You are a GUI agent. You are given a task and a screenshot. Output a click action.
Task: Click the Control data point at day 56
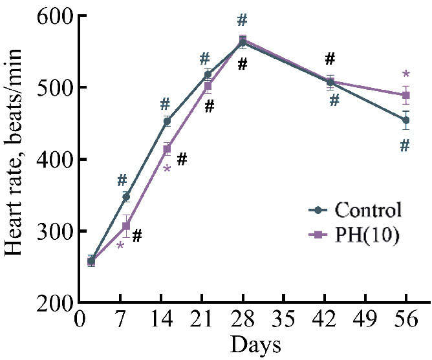pyautogui.click(x=406, y=120)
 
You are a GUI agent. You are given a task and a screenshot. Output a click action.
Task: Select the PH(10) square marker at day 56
pyautogui.click(x=406, y=96)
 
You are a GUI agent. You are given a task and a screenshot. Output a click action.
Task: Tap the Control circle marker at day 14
pyautogui.click(x=167, y=121)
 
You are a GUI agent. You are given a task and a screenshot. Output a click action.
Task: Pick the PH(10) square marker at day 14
pyautogui.click(x=167, y=149)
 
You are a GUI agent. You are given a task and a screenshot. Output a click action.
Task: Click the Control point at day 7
pyautogui.click(x=126, y=196)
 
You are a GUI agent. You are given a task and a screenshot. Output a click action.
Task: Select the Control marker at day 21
pyautogui.click(x=208, y=74)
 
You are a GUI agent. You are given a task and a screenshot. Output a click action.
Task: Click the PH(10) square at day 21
pyautogui.click(x=208, y=86)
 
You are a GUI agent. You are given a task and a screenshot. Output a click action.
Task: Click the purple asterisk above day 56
pyautogui.click(x=406, y=76)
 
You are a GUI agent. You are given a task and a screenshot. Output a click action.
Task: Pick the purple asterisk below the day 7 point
pyautogui.click(x=120, y=247)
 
